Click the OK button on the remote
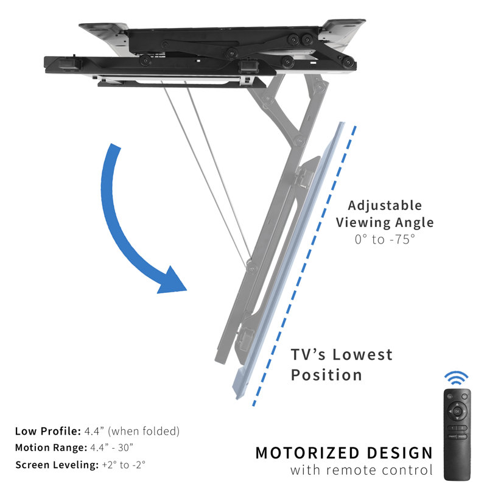[x=457, y=411]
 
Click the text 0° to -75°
[x=385, y=239]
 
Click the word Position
[x=326, y=375]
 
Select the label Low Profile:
[x=47, y=431]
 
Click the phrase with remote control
[x=362, y=470]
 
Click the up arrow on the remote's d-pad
[x=457, y=402]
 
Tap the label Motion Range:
[x=51, y=447]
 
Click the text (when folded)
[x=144, y=431]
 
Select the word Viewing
[x=364, y=223]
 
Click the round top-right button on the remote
[x=466, y=396]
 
